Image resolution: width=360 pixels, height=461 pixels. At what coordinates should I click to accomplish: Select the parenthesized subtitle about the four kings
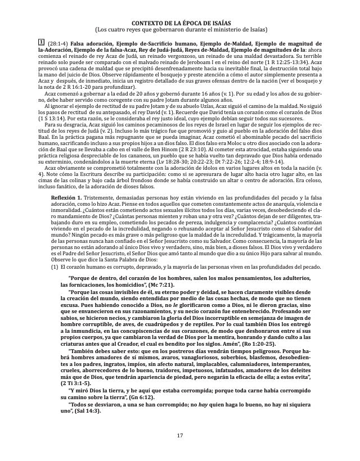180,29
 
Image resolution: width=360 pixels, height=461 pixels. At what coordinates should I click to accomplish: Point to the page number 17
180,436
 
